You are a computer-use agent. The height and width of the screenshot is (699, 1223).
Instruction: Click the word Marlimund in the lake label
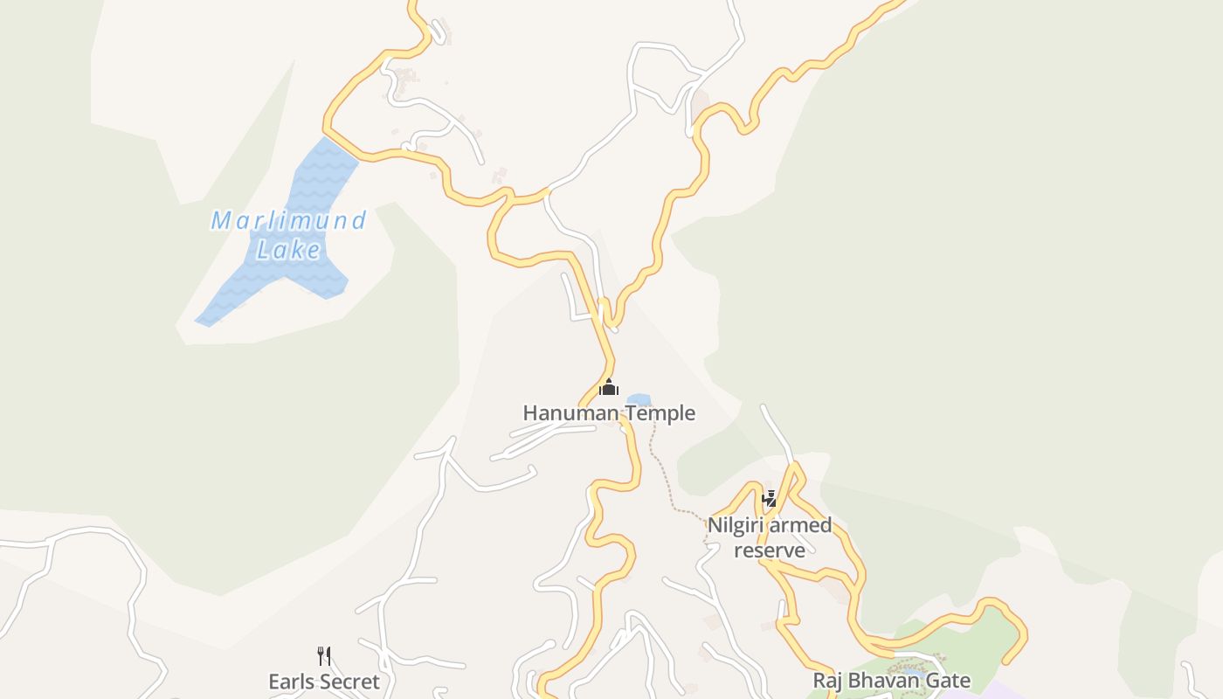click(x=288, y=220)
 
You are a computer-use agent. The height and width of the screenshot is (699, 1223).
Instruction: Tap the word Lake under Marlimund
click(x=288, y=250)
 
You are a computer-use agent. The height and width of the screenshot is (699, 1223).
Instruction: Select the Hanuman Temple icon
click(x=609, y=387)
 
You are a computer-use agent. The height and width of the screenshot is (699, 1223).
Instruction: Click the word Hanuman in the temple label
click(x=563, y=412)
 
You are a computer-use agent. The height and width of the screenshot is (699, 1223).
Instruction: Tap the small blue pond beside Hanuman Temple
click(x=639, y=400)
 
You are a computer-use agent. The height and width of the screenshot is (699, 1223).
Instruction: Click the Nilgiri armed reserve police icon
click(x=770, y=499)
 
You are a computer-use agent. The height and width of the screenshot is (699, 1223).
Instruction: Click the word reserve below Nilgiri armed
click(x=769, y=550)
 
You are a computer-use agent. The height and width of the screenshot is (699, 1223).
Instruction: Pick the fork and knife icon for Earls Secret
click(x=324, y=656)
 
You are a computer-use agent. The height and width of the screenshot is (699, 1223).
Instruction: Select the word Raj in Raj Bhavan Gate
click(x=826, y=681)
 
